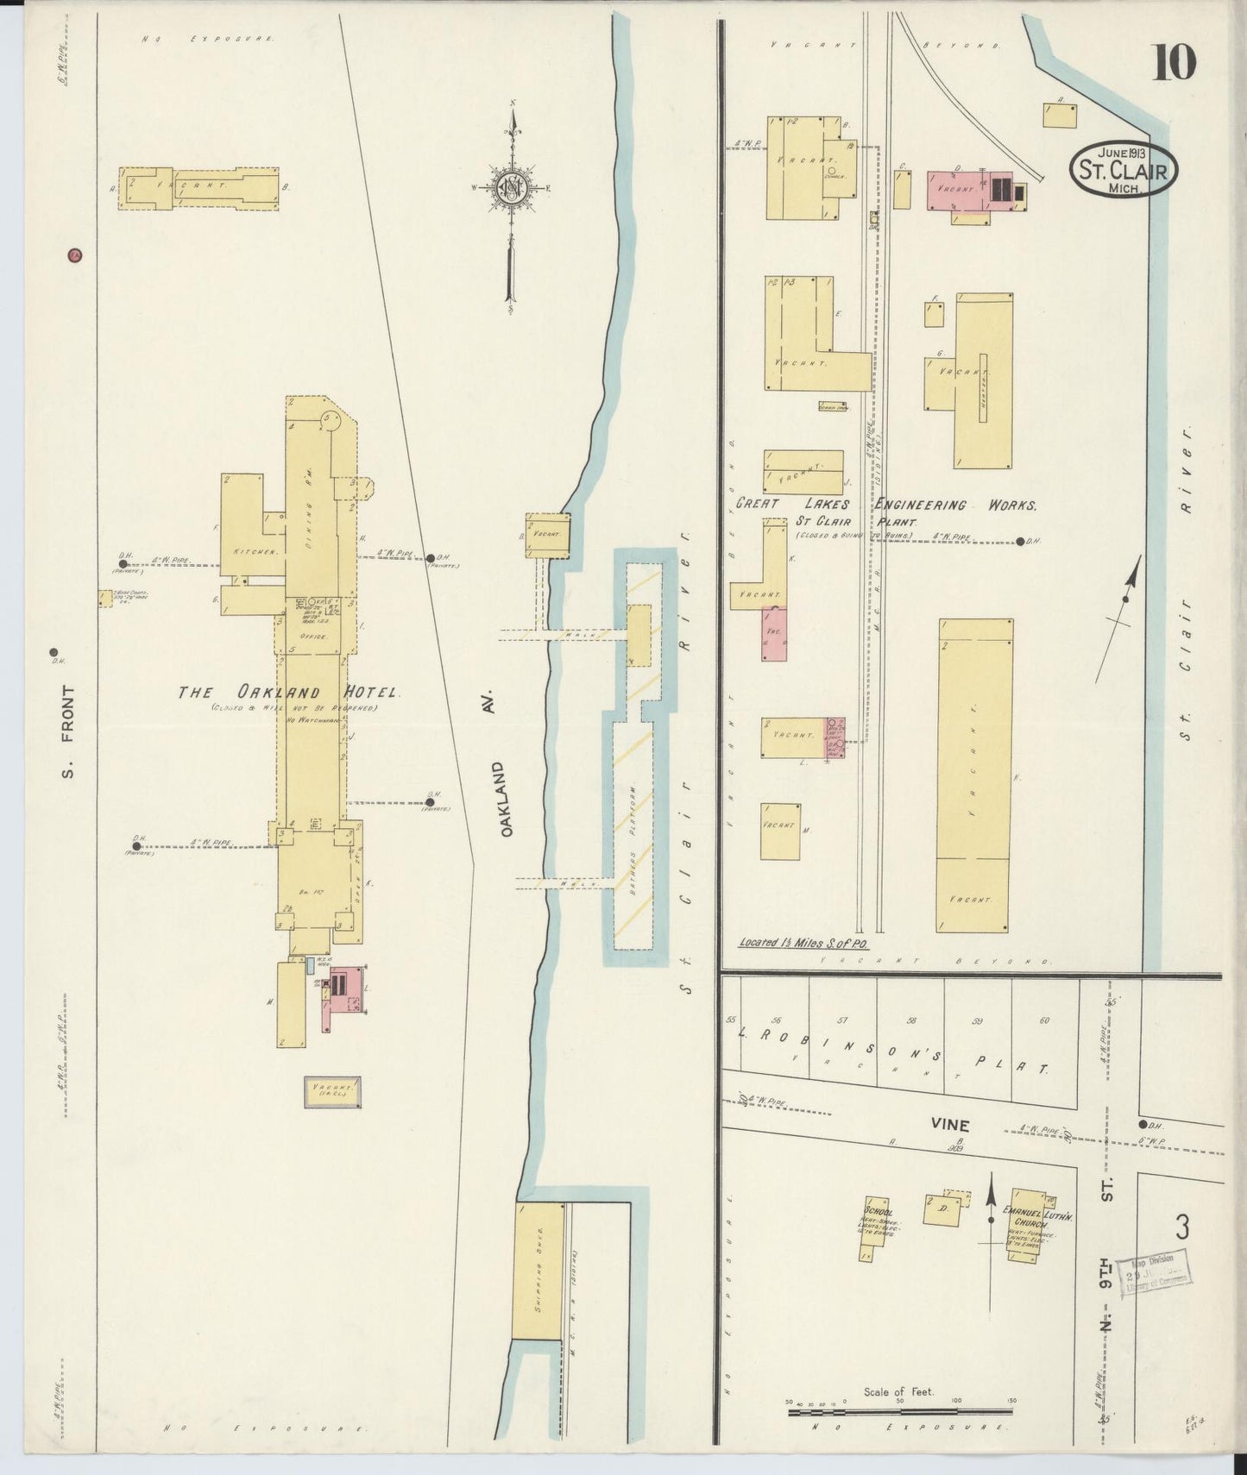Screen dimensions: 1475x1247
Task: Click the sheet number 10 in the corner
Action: pyautogui.click(x=1174, y=62)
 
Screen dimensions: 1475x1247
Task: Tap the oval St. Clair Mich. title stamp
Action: pyautogui.click(x=1124, y=169)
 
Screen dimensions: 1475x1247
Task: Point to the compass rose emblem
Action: pyautogui.click(x=511, y=187)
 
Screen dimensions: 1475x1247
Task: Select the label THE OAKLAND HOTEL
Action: pyautogui.click(x=289, y=693)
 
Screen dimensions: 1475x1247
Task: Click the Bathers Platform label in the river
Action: pyautogui.click(x=633, y=839)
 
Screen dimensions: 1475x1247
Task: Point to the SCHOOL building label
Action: pyautogui.click(x=878, y=1202)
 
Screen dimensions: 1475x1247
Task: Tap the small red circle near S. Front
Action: pyautogui.click(x=75, y=254)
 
